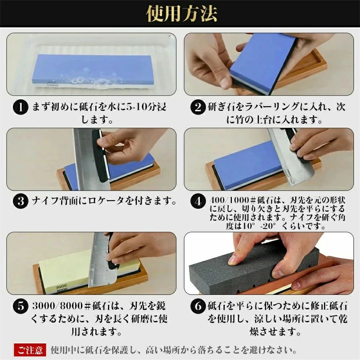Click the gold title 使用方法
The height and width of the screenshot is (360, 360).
(x=182, y=13)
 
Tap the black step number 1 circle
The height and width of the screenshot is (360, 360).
(x=21, y=107)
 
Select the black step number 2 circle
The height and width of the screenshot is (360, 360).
(x=198, y=107)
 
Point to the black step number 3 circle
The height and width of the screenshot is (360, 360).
(x=21, y=201)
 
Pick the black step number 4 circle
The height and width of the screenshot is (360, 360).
(x=198, y=201)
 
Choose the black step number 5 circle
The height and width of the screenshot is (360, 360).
(x=21, y=306)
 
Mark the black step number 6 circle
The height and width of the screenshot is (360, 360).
(x=198, y=306)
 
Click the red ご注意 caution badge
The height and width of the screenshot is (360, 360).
(x=30, y=350)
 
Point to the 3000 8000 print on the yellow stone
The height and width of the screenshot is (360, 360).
(x=61, y=288)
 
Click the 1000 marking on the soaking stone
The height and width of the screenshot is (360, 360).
(x=52, y=85)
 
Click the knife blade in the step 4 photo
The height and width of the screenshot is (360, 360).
(x=290, y=158)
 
